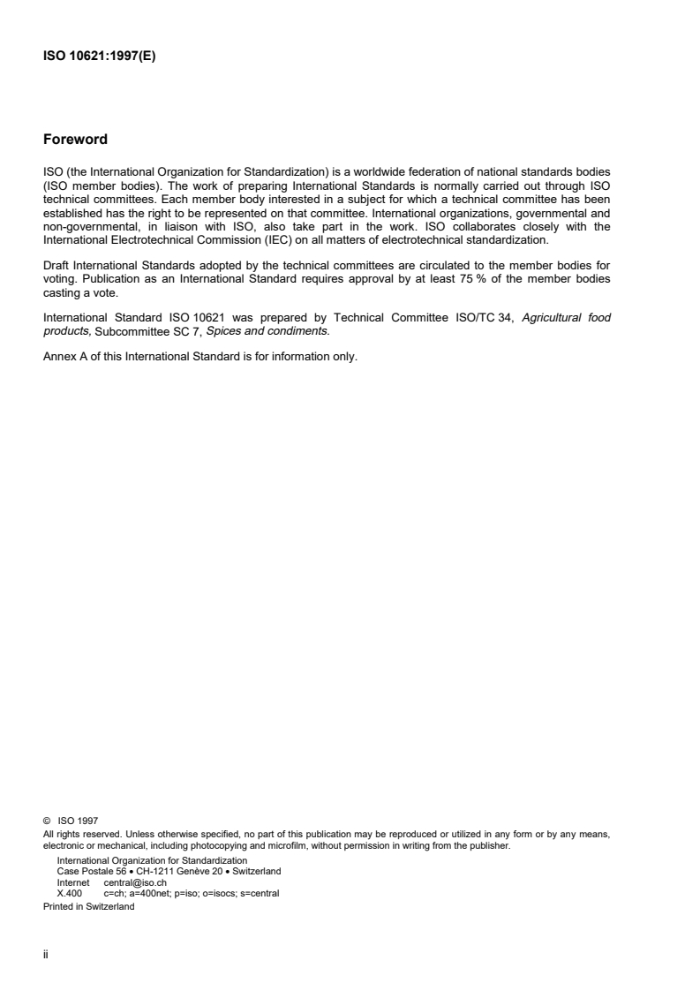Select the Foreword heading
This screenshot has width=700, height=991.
pyautogui.click(x=75, y=140)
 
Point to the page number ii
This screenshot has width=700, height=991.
pyautogui.click(x=45, y=952)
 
